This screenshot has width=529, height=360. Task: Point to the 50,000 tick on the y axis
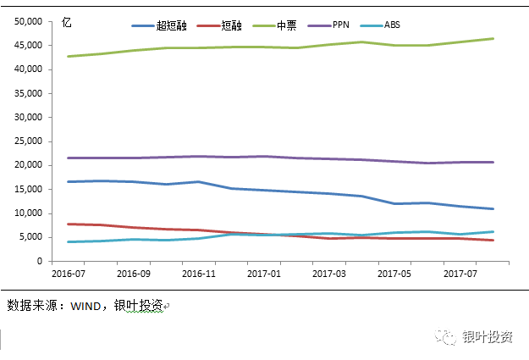coord(30,21)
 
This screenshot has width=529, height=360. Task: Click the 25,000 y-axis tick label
coord(30,141)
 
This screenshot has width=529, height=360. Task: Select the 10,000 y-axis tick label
coord(30,213)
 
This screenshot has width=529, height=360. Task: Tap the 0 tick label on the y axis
coord(40,262)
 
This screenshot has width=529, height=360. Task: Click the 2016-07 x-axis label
coord(69,274)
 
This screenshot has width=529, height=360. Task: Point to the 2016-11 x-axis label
coord(199,274)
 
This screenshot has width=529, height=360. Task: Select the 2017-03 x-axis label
coord(328,274)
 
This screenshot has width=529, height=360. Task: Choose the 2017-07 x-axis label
coord(459,274)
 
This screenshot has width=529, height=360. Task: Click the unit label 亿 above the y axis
coord(67,23)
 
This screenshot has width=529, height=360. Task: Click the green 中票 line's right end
coord(493,39)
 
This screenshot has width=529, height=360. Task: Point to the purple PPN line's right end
coord(493,162)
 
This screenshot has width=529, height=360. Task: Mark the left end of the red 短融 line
coord(67,224)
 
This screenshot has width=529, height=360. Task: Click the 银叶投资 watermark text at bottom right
coord(488,336)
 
